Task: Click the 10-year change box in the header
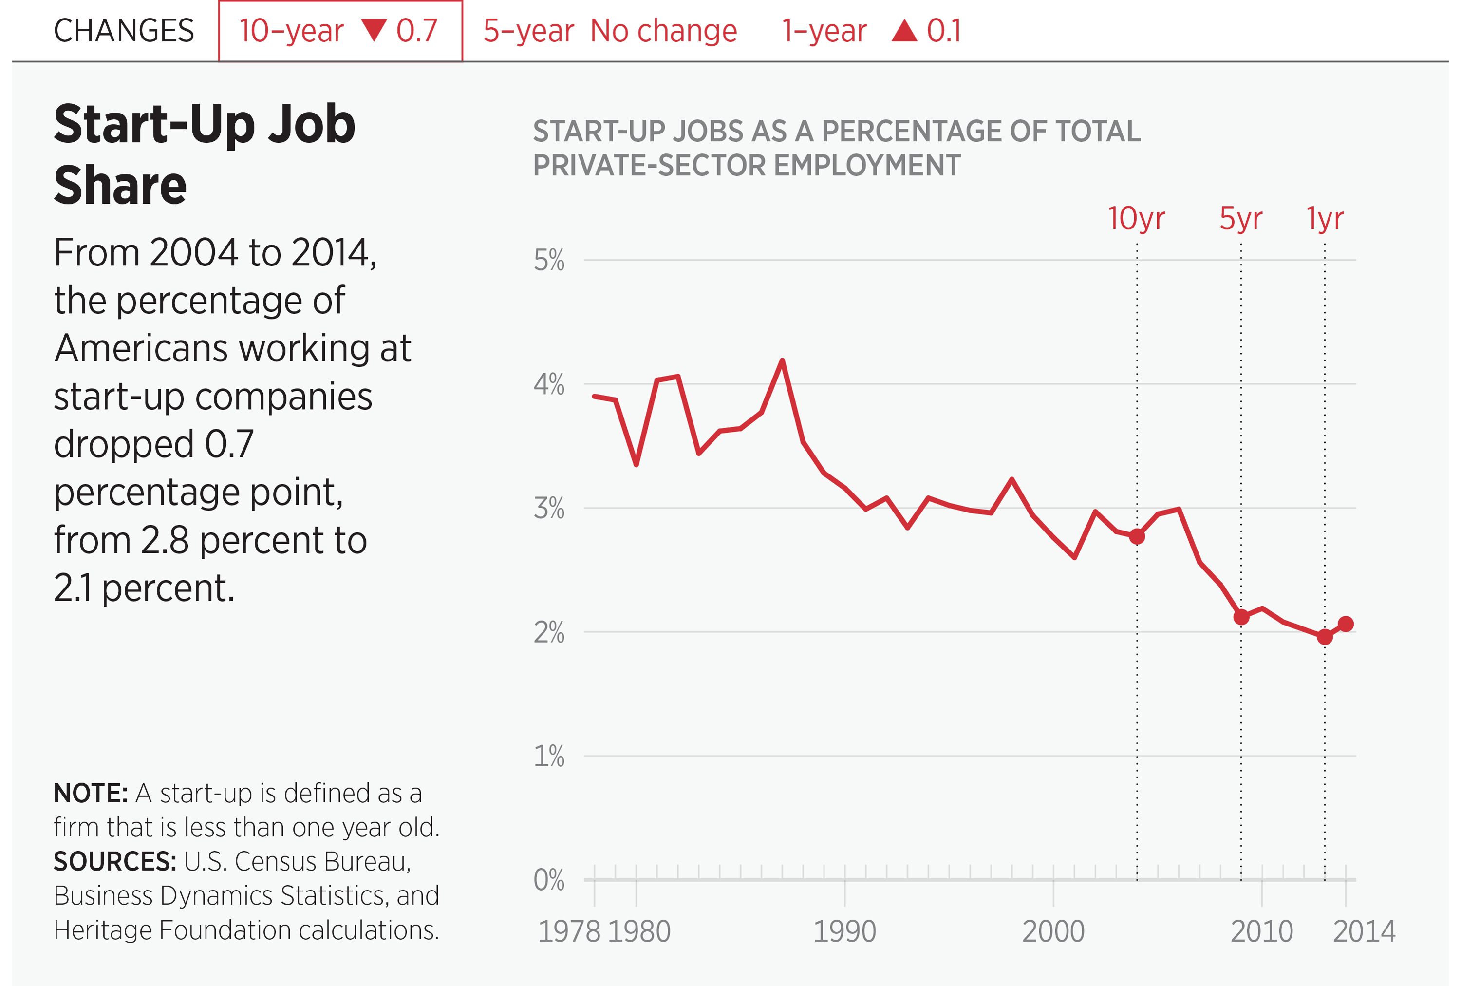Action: click(340, 31)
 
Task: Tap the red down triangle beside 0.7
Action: click(374, 30)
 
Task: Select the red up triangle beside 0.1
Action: click(905, 31)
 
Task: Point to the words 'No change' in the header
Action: click(664, 31)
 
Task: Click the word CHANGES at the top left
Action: click(124, 31)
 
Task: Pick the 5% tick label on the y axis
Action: click(549, 260)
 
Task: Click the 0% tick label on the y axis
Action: click(549, 880)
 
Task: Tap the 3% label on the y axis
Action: click(549, 508)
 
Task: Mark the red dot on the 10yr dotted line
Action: click(1137, 536)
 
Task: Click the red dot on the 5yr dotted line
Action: click(1241, 617)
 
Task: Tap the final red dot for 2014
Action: click(1345, 624)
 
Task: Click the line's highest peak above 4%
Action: click(782, 361)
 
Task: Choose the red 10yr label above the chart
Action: click(1136, 218)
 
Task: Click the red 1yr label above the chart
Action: click(1325, 218)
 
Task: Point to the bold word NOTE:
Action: click(91, 794)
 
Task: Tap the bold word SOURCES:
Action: click(115, 861)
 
